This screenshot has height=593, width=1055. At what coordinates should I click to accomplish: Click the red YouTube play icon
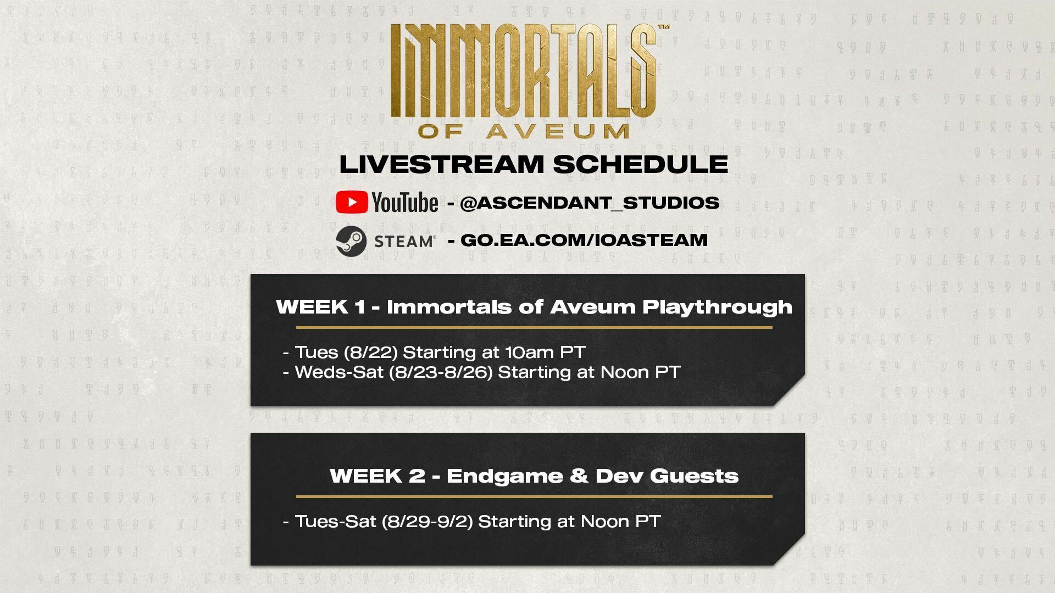[x=352, y=202]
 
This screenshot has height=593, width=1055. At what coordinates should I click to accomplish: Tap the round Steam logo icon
[x=351, y=240]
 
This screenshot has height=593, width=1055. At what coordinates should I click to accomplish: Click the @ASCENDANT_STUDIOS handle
[x=590, y=203]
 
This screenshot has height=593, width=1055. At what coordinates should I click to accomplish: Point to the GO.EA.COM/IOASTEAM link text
[x=584, y=240]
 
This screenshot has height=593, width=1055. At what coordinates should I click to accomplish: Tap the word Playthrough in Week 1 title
[x=717, y=307]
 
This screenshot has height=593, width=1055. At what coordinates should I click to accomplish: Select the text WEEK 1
[x=320, y=306]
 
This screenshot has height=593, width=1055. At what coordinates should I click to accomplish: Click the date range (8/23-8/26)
[x=441, y=372]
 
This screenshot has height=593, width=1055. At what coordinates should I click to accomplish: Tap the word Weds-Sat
[x=339, y=372]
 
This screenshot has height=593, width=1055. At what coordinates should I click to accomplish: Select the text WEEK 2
[x=377, y=475]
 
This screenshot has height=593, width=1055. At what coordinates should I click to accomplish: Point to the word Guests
[x=695, y=475]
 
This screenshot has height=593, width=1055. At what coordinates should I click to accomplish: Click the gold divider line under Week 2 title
[x=534, y=496]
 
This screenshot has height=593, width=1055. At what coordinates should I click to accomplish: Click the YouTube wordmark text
[x=405, y=202]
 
